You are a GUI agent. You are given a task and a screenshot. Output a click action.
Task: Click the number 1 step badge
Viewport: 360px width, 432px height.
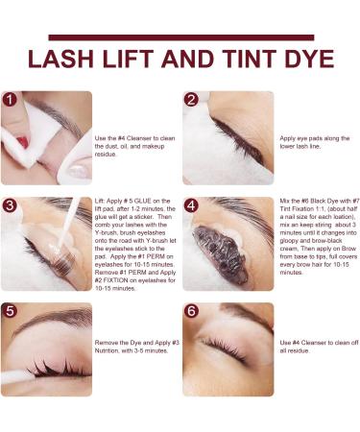click(10, 100)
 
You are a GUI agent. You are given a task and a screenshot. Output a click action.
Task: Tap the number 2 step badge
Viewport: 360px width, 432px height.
click(191, 100)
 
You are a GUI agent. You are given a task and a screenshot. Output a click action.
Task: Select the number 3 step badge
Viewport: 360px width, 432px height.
click(10, 205)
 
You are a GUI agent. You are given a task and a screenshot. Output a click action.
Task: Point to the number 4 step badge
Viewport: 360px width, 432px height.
click(191, 205)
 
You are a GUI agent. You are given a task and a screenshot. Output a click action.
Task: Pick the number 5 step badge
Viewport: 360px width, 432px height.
click(10, 311)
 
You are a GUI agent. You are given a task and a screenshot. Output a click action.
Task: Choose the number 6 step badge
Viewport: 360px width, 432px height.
click(191, 311)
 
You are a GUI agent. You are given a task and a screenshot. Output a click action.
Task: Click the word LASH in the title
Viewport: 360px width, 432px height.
click(60, 59)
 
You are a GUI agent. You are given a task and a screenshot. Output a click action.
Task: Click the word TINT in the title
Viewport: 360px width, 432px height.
click(250, 59)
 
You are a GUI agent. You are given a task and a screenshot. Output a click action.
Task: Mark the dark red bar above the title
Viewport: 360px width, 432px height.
click(181, 37)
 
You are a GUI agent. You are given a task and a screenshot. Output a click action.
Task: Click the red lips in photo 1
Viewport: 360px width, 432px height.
click(23, 142)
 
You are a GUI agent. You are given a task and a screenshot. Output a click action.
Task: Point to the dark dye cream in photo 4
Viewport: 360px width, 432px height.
click(220, 253)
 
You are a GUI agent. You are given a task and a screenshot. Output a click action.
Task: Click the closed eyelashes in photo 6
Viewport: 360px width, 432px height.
click(223, 349)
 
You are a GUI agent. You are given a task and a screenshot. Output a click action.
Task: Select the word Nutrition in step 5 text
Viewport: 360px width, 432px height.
click(107, 350)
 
